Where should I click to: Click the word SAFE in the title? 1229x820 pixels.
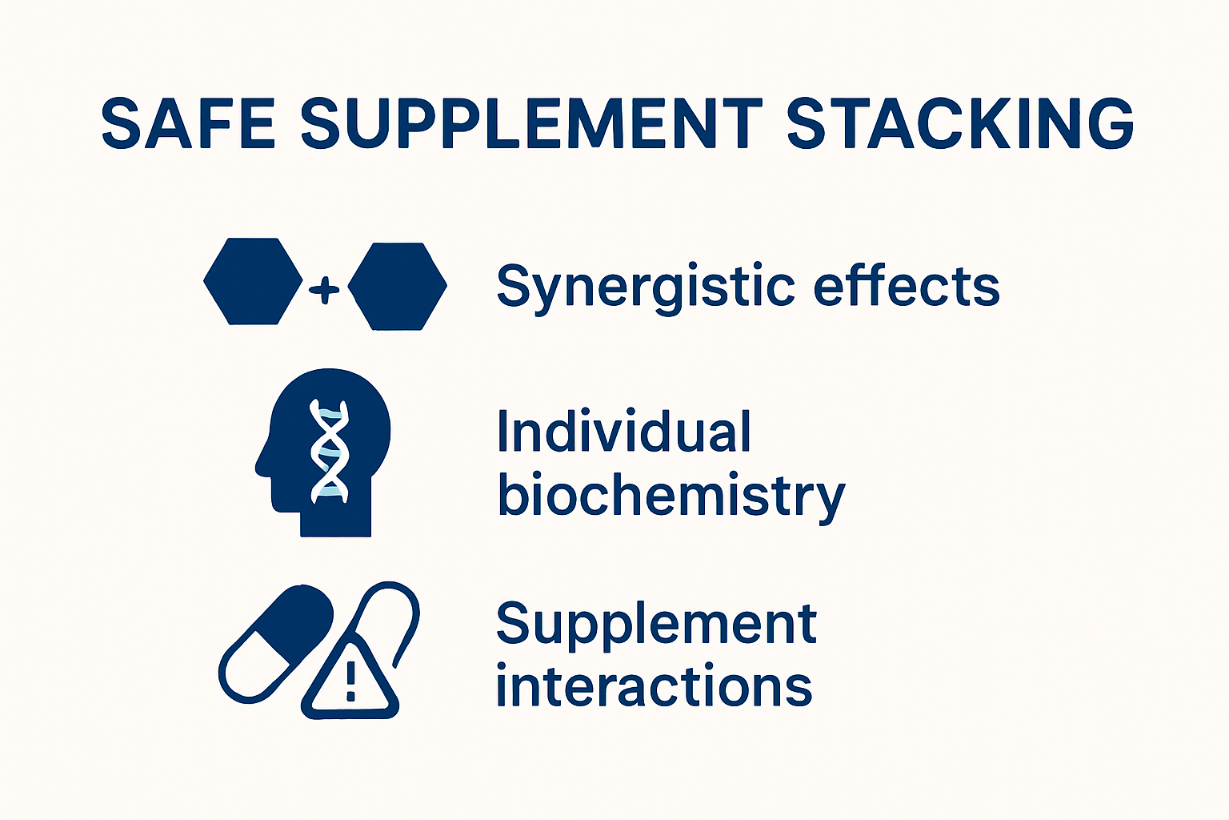coord(188,124)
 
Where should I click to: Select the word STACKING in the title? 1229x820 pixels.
coord(960,124)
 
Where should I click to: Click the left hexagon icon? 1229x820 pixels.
coord(253,281)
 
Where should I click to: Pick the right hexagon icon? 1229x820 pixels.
coord(398,286)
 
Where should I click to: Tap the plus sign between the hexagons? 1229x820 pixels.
coord(324,289)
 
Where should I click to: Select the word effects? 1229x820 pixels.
coord(907,286)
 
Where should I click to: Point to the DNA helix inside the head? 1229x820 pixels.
coord(330,451)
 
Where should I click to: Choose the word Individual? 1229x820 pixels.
coord(624,432)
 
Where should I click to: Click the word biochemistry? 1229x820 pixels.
coord(671,496)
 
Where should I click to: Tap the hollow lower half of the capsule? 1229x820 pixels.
coord(248,669)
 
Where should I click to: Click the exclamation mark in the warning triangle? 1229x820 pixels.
coord(350,681)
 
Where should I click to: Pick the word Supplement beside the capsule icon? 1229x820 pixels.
coord(656,624)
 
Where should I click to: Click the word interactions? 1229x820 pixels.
coord(654,687)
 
